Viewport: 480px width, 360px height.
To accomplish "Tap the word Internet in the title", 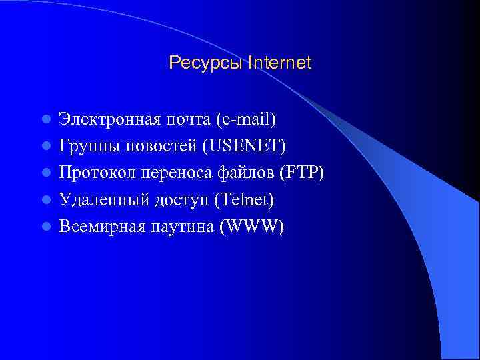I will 279,63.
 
